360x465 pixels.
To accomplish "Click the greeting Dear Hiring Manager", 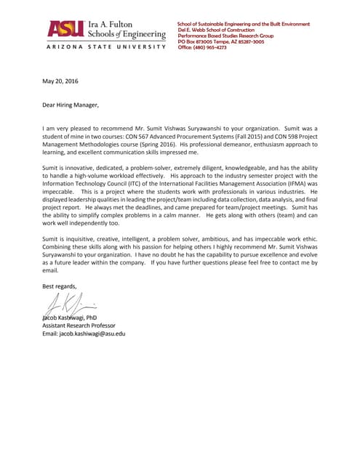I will coord(70,105).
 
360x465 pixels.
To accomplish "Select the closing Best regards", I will coord(58,286).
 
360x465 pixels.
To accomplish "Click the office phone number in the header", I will coord(202,47).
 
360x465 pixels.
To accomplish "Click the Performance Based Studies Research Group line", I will coord(225,36).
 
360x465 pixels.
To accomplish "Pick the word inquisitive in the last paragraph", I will coord(82,238).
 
